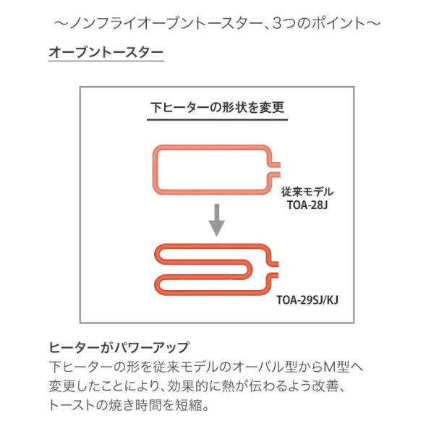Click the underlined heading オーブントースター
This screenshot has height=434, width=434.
[105, 53]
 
